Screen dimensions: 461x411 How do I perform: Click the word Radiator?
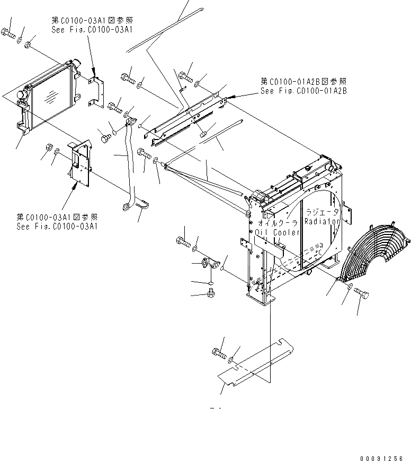(x=322, y=223)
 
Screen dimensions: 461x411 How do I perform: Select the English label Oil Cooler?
(x=278, y=232)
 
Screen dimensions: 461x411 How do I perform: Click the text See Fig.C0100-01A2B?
(x=303, y=91)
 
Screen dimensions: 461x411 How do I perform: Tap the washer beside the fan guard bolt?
(x=351, y=287)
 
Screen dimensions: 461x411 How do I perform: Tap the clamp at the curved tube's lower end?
(x=140, y=202)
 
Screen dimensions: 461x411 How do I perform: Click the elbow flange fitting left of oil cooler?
(x=209, y=264)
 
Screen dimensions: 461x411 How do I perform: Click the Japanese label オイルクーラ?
(x=278, y=223)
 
